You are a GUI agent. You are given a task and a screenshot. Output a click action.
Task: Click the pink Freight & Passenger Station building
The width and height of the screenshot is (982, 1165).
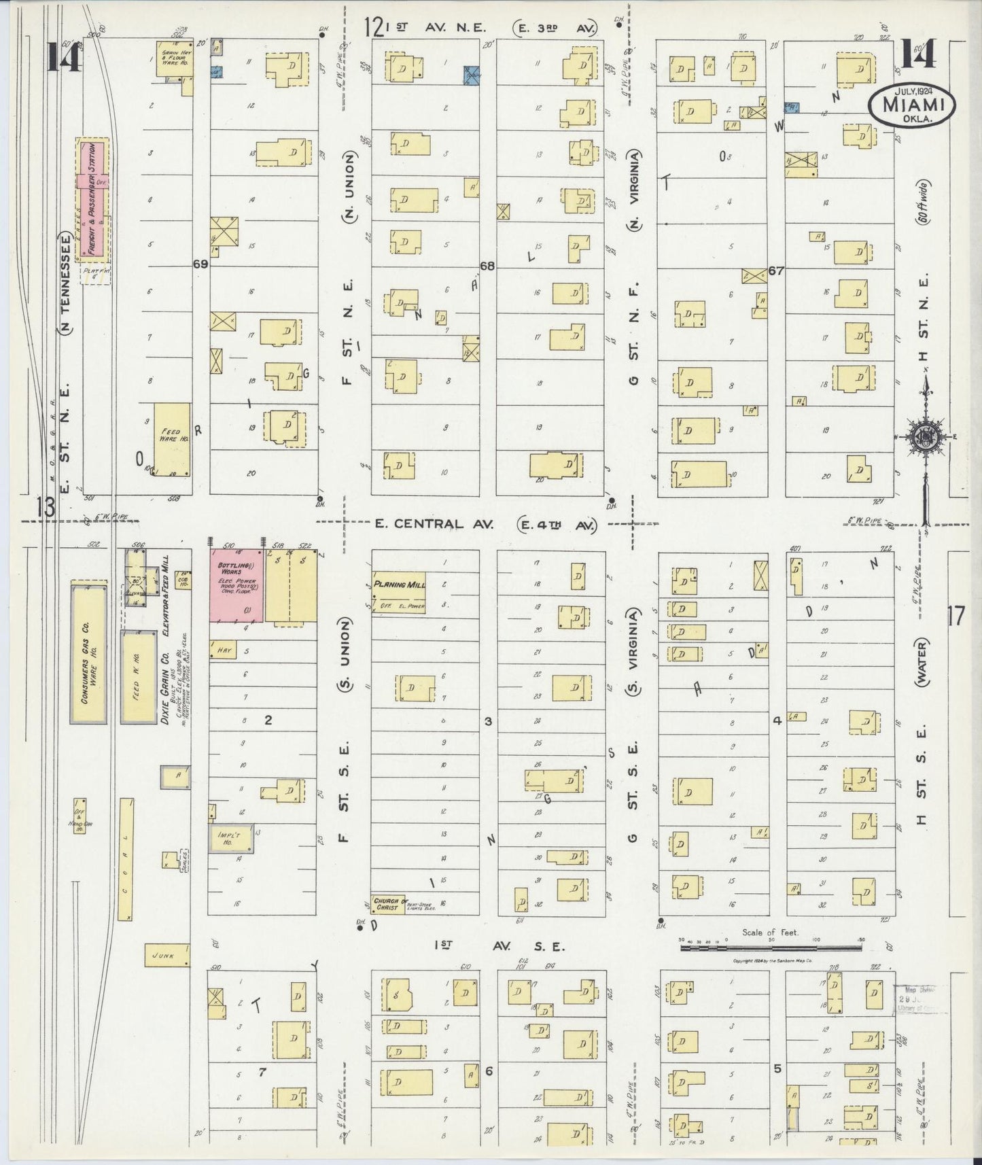(x=95, y=200)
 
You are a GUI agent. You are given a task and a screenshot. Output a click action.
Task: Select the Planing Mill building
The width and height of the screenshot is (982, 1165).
(x=398, y=591)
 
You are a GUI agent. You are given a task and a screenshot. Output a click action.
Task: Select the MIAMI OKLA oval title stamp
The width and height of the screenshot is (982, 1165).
(x=911, y=105)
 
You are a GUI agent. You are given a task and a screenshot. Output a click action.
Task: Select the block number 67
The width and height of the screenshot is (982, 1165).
(x=777, y=271)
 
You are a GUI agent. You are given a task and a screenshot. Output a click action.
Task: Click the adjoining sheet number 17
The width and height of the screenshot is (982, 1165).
(x=954, y=616)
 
